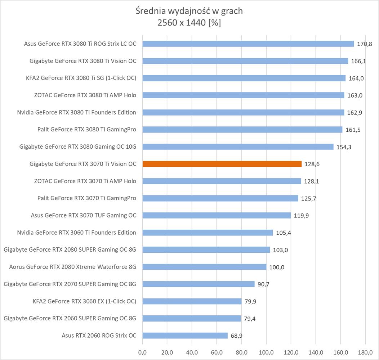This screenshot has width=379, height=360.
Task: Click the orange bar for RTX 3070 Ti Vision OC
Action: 222,164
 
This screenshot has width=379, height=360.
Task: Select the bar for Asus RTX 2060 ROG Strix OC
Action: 185,336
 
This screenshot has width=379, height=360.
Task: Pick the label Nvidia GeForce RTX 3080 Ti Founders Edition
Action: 76,112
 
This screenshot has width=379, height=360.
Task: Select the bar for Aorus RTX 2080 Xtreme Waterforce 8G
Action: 204,267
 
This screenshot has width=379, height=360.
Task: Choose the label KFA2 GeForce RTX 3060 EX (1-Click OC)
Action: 84,301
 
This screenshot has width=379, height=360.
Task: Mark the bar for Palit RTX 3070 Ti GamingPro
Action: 220,198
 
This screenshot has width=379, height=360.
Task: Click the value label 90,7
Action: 263,284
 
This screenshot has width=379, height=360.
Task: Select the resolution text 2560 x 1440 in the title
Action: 181,23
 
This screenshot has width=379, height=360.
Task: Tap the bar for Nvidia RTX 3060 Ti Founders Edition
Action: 208,233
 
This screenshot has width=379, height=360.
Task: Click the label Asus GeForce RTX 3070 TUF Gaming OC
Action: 84,215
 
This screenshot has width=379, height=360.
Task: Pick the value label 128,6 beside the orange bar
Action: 312,164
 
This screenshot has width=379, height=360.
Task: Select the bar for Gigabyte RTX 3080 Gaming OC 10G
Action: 238,147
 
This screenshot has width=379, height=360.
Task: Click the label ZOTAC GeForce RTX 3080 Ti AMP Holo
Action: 85,95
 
